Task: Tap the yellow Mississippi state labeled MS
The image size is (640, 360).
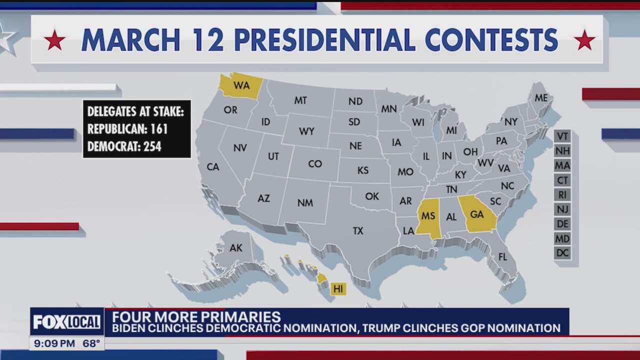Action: pos(427,216)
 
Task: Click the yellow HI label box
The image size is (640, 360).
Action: pos(338,288)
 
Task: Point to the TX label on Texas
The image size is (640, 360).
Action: pos(358,231)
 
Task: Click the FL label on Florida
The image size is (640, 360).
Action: pos(502,257)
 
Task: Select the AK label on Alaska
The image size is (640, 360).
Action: pos(235,248)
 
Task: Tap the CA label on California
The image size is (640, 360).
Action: pos(213,167)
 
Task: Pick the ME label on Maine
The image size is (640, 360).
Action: pos(541,98)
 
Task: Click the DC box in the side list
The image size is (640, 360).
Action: pos(562,253)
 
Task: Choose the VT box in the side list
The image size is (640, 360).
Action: pos(562,136)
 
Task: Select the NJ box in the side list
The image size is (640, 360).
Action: pos(562,209)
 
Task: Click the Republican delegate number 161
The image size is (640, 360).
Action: pos(157,129)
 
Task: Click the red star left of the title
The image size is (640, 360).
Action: pos(54,40)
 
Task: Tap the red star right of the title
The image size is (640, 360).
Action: pos(584,40)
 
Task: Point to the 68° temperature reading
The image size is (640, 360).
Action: pos(91,343)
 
